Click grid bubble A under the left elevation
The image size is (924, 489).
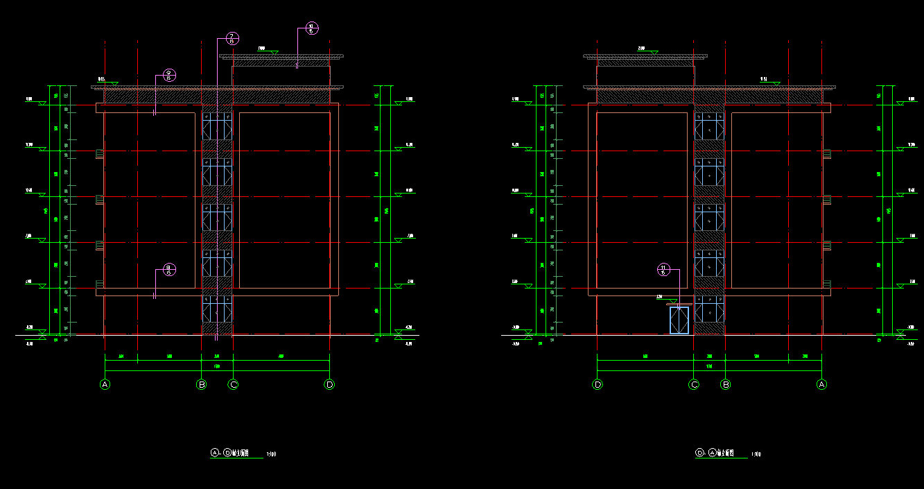pyautogui.click(x=105, y=384)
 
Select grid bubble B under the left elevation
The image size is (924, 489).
pyautogui.click(x=202, y=384)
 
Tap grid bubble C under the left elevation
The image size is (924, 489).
pyautogui.click(x=234, y=384)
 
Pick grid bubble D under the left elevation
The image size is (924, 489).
pyautogui.click(x=329, y=384)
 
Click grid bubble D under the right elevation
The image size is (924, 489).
pyautogui.click(x=598, y=384)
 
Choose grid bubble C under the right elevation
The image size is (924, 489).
pyautogui.click(x=694, y=384)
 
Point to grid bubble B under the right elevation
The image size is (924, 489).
pyautogui.click(x=726, y=384)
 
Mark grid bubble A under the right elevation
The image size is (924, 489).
pyautogui.click(x=822, y=384)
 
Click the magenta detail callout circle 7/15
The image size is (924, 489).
pyautogui.click(x=232, y=39)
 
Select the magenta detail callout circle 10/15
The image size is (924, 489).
pyautogui.click(x=311, y=28)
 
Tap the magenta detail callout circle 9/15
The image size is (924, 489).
pyautogui.click(x=168, y=76)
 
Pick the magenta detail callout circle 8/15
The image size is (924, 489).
pyautogui.click(x=168, y=270)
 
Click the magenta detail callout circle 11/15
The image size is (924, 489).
pyautogui.click(x=663, y=270)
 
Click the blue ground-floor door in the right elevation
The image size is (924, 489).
pyautogui.click(x=679, y=320)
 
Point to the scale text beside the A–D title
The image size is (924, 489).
pyautogui.click(x=272, y=455)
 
